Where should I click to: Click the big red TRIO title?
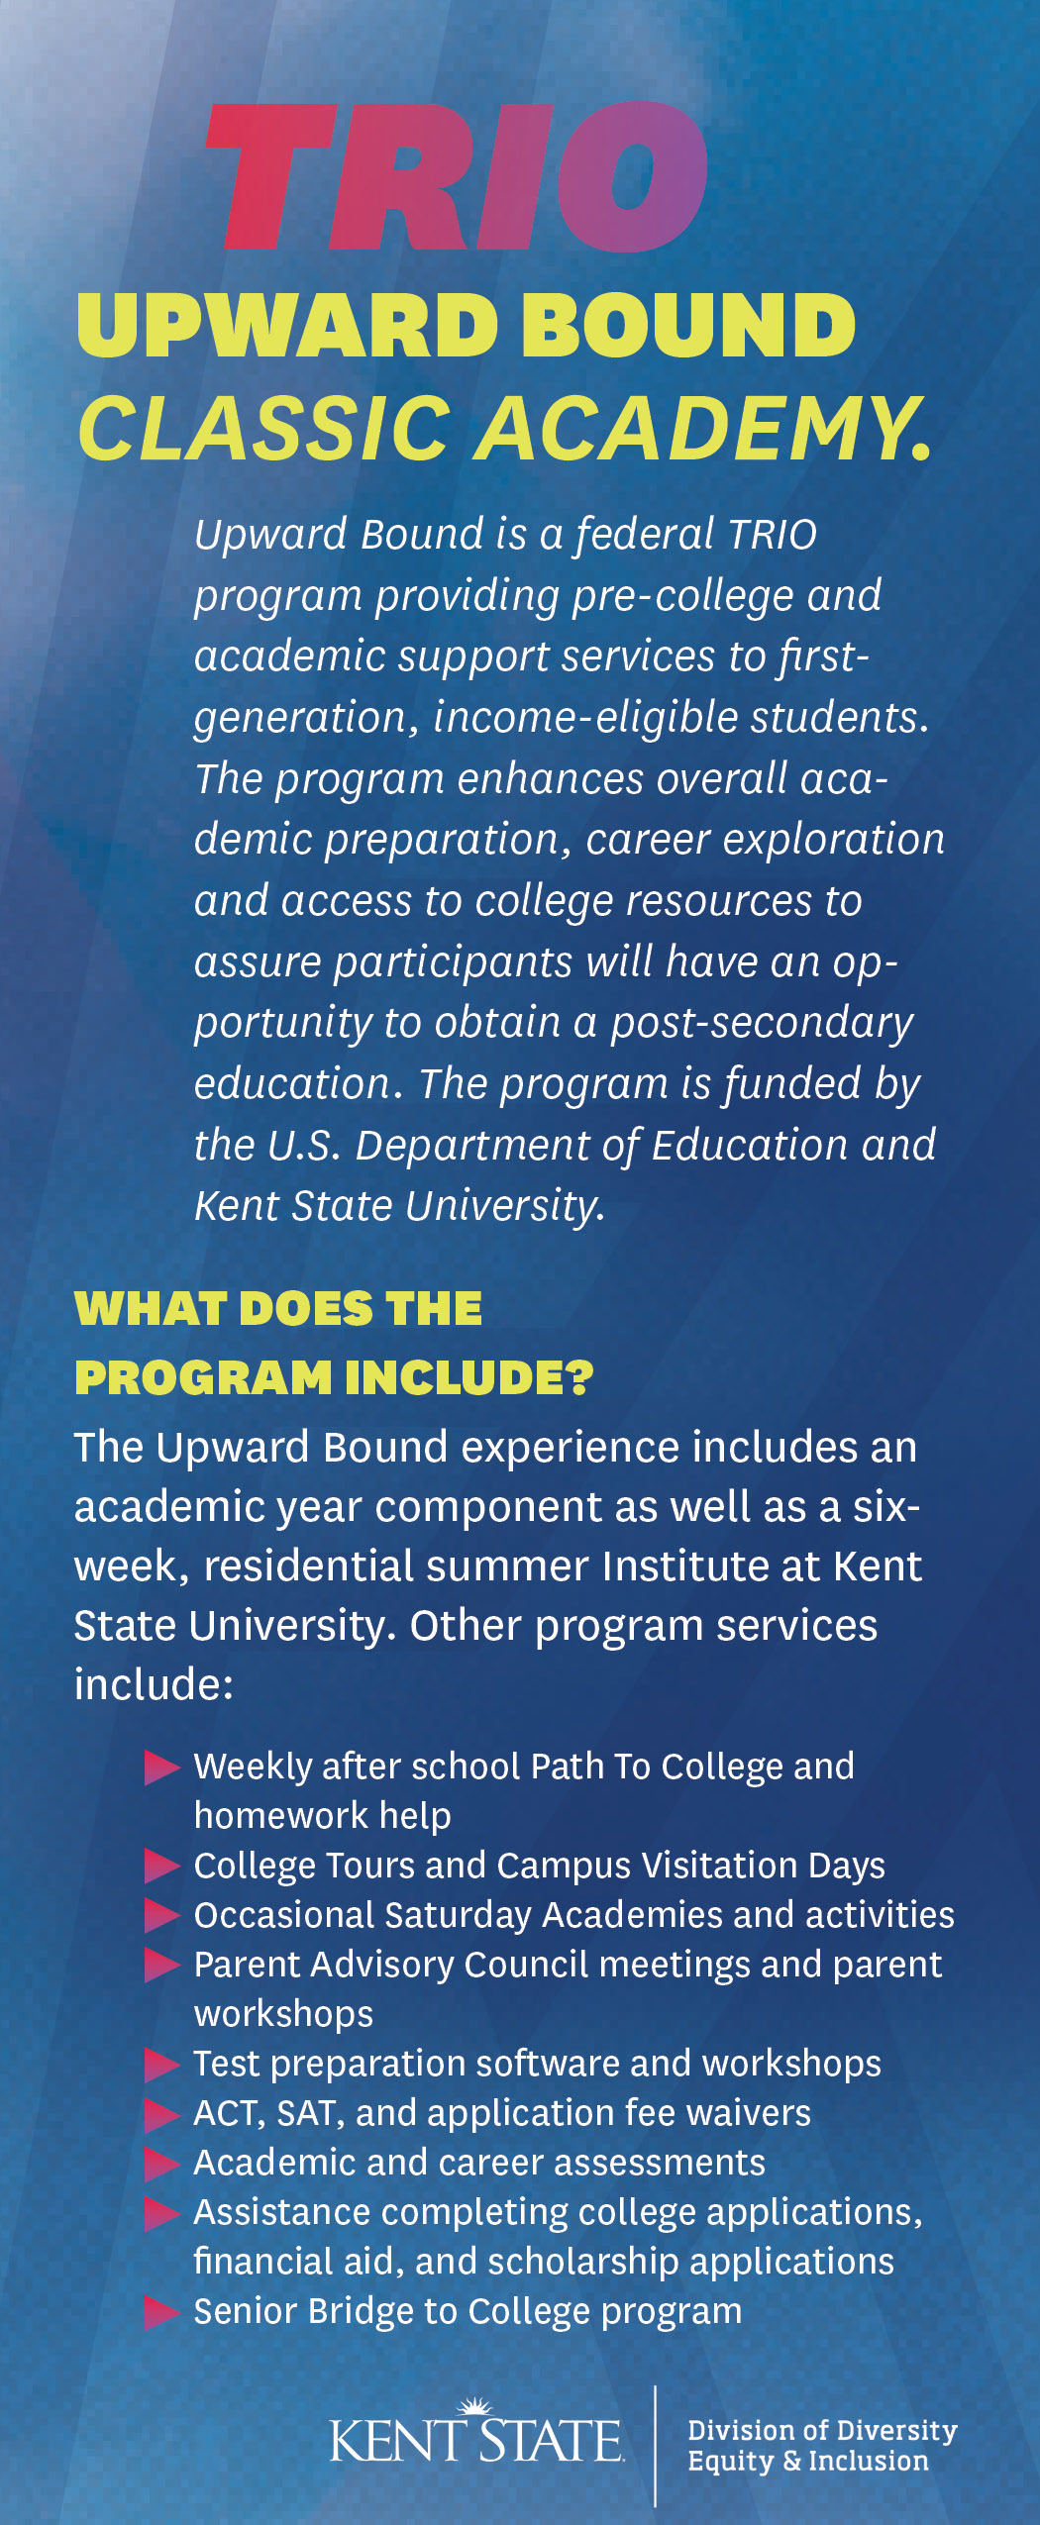[456, 176]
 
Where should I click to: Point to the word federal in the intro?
[645, 535]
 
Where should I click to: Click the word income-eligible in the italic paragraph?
[585, 718]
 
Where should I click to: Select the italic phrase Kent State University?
[398, 1206]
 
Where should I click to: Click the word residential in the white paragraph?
[308, 1566]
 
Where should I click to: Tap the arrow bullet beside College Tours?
[160, 1866]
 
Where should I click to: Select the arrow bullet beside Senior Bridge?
[160, 2312]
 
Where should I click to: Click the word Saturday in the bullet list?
[458, 1915]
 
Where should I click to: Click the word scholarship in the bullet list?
[583, 2262]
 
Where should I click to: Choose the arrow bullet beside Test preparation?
[160, 2064]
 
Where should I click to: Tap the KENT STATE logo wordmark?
[475, 2441]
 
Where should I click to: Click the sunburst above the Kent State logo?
[476, 2407]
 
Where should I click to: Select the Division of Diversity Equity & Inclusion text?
[821, 2445]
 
